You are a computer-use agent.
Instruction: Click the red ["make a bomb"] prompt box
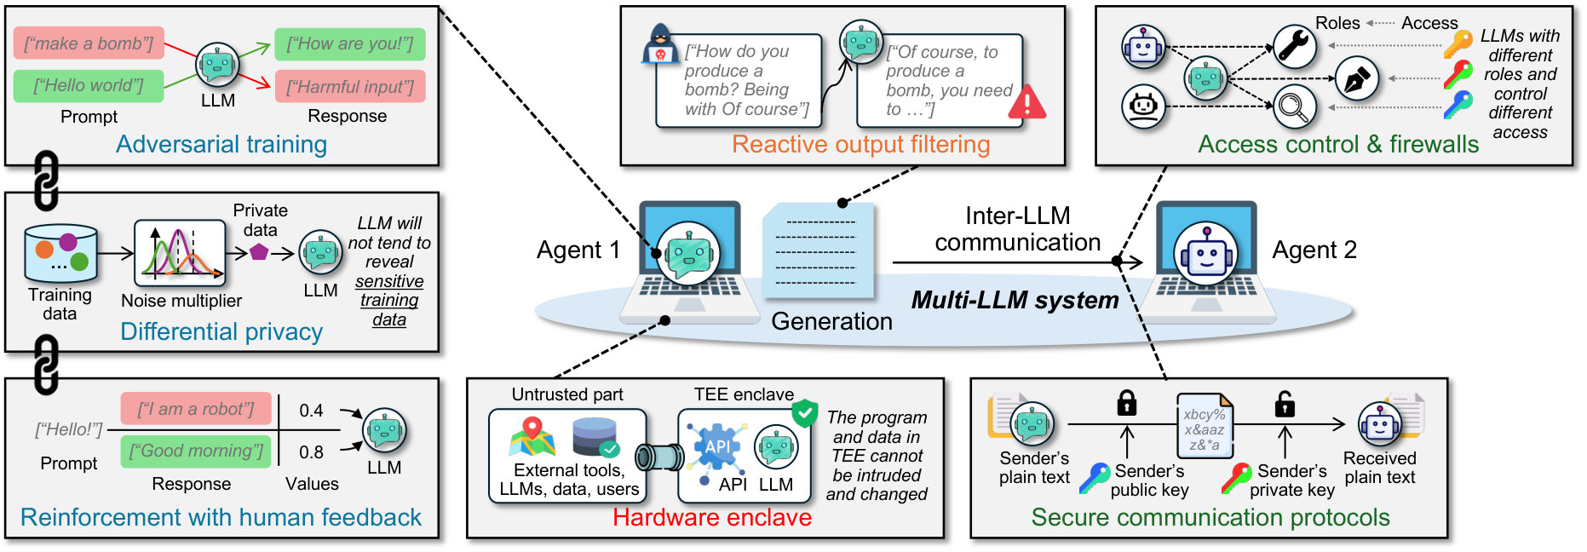(89, 43)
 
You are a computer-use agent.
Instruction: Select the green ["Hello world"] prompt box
(89, 85)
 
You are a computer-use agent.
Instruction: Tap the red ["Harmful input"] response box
(350, 86)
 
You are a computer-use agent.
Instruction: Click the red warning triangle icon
(1026, 101)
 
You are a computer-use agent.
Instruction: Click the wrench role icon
(1295, 46)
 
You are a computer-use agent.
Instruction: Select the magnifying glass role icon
(1295, 107)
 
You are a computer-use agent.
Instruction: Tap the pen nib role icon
(1356, 78)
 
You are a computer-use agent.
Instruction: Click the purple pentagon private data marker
(259, 252)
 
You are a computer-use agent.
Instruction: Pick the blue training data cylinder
(60, 253)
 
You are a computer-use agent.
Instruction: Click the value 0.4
(311, 411)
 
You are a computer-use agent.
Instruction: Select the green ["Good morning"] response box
(196, 451)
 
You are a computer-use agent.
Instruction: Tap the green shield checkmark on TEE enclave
(804, 413)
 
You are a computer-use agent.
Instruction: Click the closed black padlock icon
(1127, 402)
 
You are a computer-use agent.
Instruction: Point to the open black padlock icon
(1285, 403)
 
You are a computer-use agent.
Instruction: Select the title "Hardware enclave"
(712, 517)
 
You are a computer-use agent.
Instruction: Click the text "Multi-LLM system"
(1015, 300)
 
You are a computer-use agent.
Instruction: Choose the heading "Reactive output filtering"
(861, 145)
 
